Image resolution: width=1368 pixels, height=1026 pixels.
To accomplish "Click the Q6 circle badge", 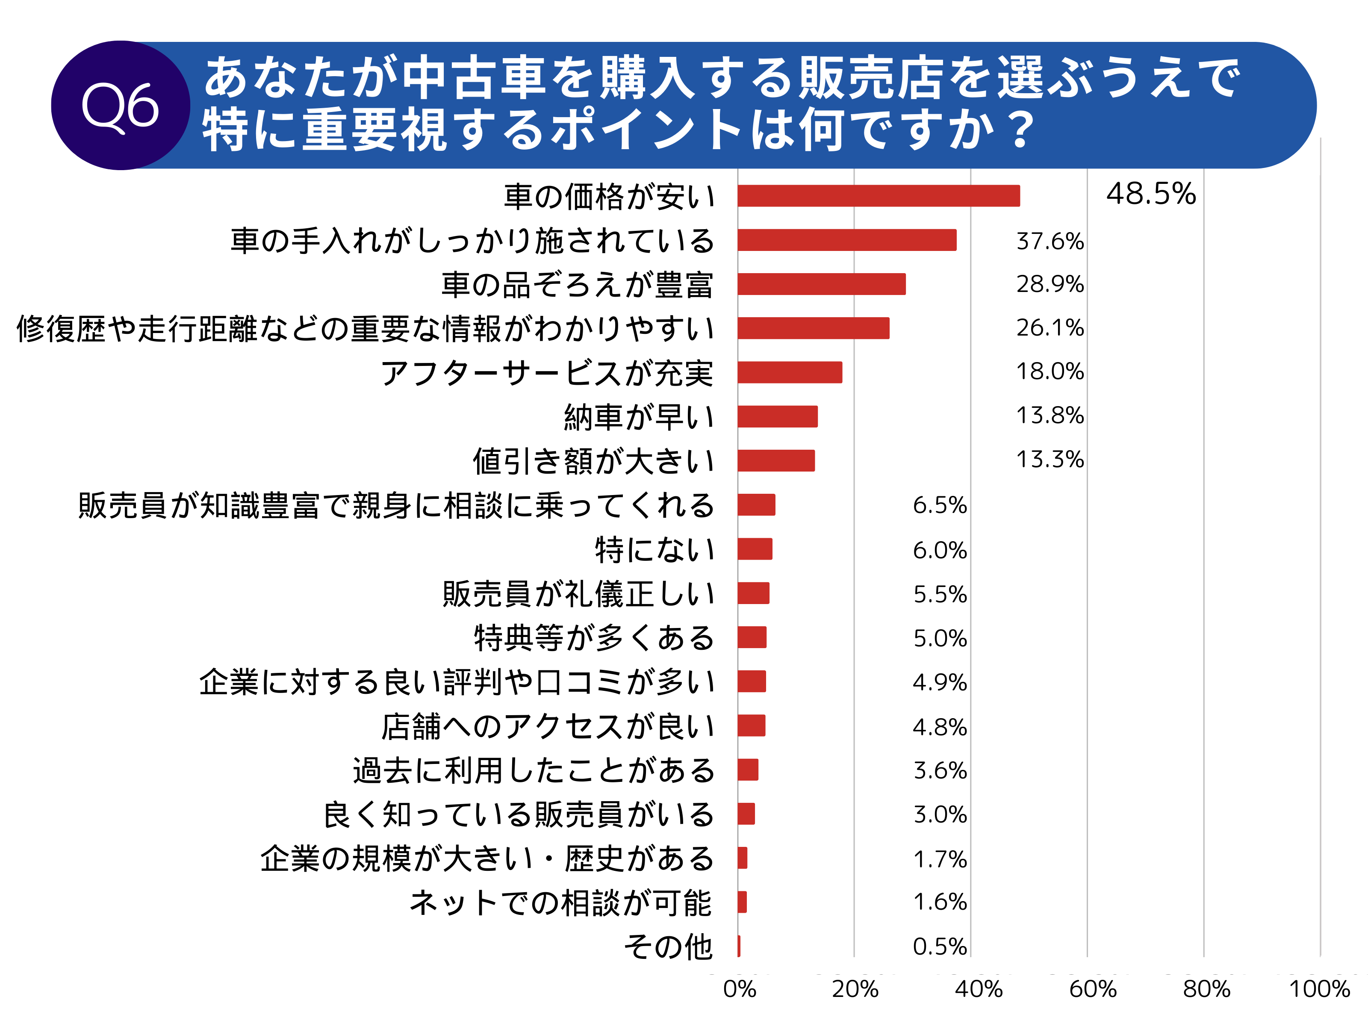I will click(120, 105).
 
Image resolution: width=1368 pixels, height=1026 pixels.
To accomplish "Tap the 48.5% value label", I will click(1151, 194).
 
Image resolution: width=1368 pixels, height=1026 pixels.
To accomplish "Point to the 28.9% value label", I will click(1050, 284).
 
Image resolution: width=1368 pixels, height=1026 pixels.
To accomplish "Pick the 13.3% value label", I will click(1050, 460).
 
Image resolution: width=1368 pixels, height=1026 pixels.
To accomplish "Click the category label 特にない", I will click(655, 549).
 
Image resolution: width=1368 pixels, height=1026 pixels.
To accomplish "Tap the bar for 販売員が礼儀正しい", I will click(753, 593).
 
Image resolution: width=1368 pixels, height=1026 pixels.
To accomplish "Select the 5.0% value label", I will click(939, 638).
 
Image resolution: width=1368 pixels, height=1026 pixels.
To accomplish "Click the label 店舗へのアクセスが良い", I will click(547, 726).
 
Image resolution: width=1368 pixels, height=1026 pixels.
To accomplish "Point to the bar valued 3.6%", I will click(748, 770).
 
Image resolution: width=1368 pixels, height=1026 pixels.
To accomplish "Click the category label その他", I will click(668, 946).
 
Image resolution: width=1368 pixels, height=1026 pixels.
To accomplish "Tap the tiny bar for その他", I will click(739, 946).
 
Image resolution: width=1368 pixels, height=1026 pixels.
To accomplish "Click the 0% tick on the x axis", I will click(740, 990).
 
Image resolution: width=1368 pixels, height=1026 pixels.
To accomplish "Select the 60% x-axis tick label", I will click(1093, 990).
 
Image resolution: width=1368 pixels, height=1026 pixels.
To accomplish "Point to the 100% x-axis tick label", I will click(1319, 990).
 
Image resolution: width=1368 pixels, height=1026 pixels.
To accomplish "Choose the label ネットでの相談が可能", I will click(560, 902).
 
